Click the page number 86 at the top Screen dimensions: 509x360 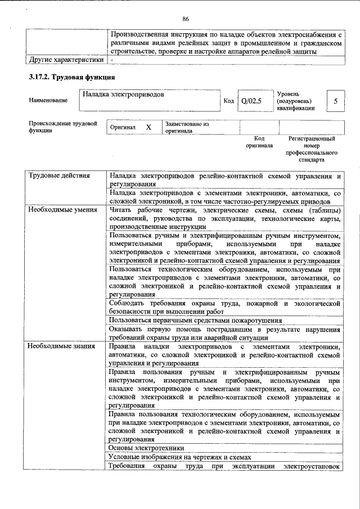point(185,19)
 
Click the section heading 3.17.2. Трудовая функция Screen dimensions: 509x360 point(73,76)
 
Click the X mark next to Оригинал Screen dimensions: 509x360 point(148,128)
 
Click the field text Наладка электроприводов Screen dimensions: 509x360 point(123,94)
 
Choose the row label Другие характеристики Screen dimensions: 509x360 point(66,59)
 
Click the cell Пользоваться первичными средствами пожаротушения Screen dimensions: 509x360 point(195,320)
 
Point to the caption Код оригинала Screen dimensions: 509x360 point(259,142)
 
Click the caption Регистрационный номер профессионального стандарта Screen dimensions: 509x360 point(311,149)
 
